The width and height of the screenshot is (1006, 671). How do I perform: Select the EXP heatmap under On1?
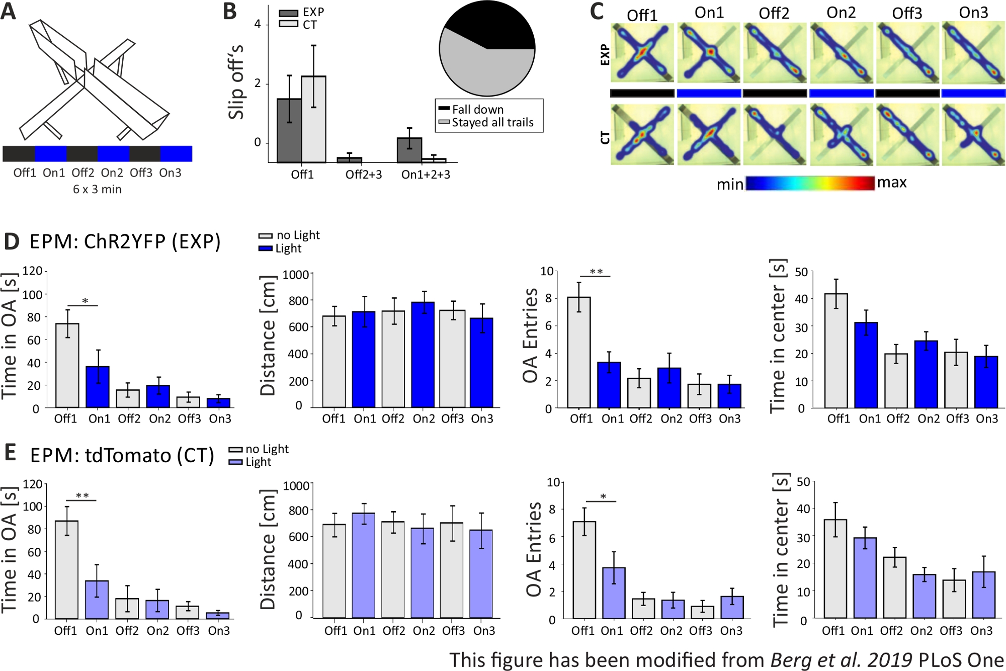[709, 52]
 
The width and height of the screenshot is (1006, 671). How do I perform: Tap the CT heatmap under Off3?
[907, 134]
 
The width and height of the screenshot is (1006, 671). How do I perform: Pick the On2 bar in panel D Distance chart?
[423, 355]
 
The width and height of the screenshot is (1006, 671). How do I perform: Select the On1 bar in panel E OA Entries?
[614, 593]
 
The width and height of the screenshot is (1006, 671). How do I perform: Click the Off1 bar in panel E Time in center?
[835, 569]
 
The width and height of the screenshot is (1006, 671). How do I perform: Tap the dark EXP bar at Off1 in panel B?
[289, 131]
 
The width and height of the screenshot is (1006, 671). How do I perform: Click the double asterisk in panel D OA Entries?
[596, 272]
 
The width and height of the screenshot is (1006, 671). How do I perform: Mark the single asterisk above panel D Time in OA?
[85, 301]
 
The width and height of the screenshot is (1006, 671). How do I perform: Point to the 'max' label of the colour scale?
[892, 183]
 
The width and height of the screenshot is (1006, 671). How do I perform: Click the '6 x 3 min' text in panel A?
[97, 190]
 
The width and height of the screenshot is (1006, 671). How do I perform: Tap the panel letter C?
[597, 12]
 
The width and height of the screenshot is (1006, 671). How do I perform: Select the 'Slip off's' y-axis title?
[235, 82]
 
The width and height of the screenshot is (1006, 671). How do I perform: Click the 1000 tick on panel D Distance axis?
[295, 275]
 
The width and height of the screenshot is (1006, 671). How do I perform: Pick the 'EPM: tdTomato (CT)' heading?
[122, 455]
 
